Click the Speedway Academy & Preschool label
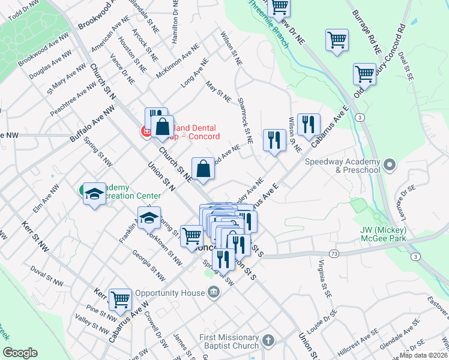click(x=342, y=166)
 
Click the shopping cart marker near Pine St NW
click(x=121, y=298)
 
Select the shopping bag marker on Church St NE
click(x=203, y=167)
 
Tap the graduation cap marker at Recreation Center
click(x=94, y=193)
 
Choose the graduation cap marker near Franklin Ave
click(x=149, y=218)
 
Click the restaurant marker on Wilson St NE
click(x=308, y=124)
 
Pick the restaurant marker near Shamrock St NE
click(x=274, y=140)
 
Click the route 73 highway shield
click(x=334, y=254)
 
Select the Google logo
click(x=19, y=353)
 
